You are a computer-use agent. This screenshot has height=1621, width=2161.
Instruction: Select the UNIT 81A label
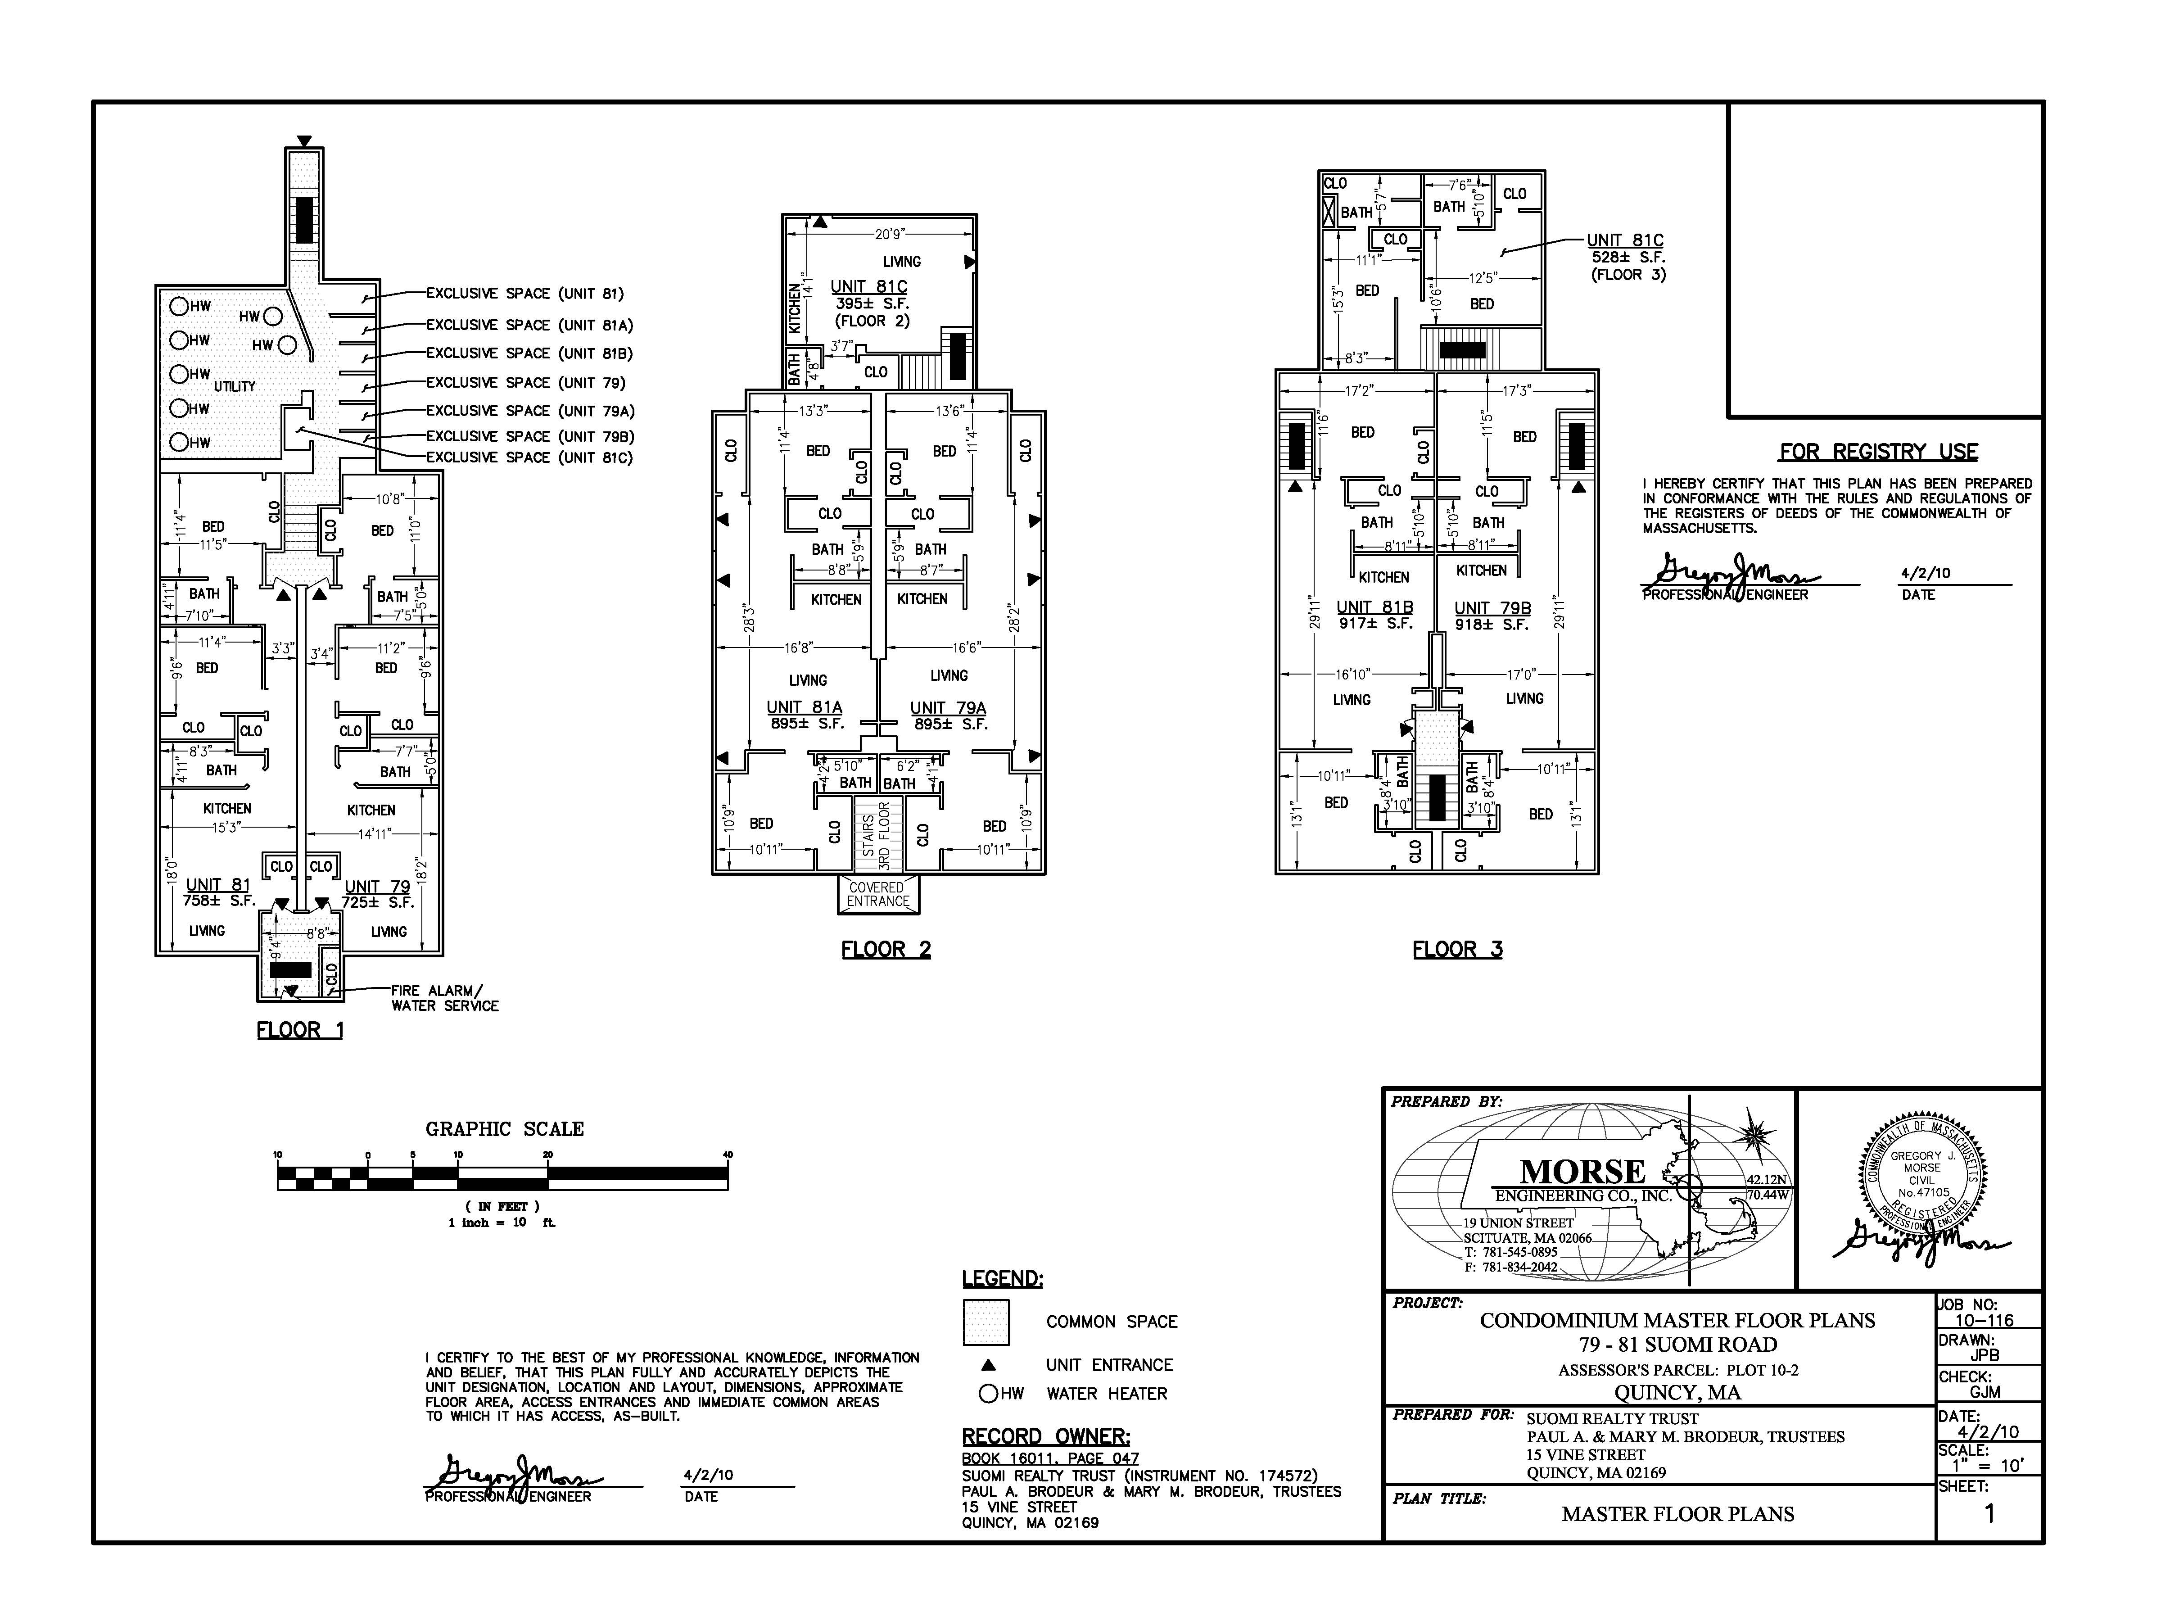click(804, 707)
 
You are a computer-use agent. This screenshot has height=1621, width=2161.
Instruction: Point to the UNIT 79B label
click(1493, 608)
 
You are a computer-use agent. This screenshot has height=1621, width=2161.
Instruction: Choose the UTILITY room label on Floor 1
click(235, 386)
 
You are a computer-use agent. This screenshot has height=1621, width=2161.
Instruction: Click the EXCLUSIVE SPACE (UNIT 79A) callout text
click(530, 412)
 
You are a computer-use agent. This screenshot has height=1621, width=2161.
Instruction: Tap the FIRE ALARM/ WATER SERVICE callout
click(444, 998)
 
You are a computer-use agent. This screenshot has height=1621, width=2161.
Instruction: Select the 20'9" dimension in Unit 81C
click(890, 234)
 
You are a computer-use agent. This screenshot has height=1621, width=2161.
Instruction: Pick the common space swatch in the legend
click(986, 1322)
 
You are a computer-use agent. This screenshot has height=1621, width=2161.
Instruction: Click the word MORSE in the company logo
click(1582, 1172)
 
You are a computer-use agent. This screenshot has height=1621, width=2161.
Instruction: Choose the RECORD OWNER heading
click(1046, 1436)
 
